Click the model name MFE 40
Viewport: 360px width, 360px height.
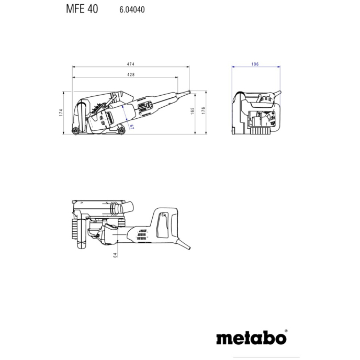click(x=82, y=9)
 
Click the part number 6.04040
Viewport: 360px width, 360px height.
click(x=132, y=9)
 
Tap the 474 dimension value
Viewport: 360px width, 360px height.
click(x=131, y=64)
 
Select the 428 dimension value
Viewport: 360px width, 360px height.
click(x=131, y=75)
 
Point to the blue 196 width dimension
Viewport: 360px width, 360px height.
click(x=255, y=64)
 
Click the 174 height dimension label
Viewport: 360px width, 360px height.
click(x=61, y=113)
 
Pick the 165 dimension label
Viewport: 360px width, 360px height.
click(x=193, y=111)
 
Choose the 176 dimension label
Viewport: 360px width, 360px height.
click(x=204, y=110)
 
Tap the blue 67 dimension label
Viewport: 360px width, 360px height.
click(x=131, y=127)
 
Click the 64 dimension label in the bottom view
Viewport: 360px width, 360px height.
click(x=115, y=255)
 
